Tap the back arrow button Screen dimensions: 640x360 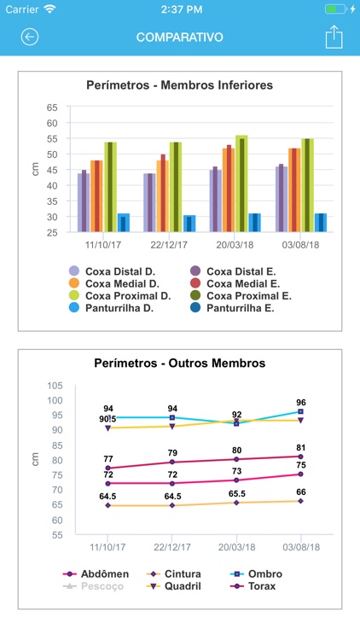pyautogui.click(x=30, y=38)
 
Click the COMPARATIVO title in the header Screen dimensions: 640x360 pyautogui.click(x=179, y=38)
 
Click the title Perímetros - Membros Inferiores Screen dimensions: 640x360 pyautogui.click(x=179, y=85)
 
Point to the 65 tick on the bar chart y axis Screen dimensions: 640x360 pyautogui.click(x=52, y=108)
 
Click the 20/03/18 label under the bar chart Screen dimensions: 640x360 pyautogui.click(x=234, y=244)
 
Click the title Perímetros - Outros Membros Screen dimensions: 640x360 pyautogui.click(x=179, y=363)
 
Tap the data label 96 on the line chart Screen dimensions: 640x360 pyautogui.click(x=300, y=402)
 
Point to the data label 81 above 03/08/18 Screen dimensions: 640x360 pyautogui.click(x=300, y=447)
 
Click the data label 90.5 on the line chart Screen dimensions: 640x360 pyautogui.click(x=107, y=419)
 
